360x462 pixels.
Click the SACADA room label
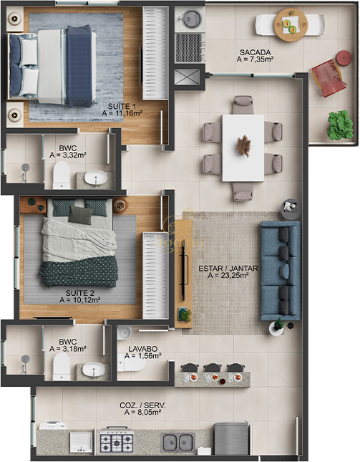click(255, 52)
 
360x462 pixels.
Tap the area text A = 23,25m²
click(228, 276)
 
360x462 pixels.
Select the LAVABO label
click(142, 349)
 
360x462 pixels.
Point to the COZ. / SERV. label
click(142, 405)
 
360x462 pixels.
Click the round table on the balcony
click(291, 25)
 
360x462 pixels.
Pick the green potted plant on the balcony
click(340, 125)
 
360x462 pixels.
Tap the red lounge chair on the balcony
click(328, 78)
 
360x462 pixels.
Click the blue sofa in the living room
click(281, 271)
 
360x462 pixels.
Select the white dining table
click(243, 148)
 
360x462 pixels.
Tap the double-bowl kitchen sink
click(177, 443)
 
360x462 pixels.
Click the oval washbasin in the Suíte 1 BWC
click(96, 178)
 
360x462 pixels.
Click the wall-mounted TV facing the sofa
click(183, 272)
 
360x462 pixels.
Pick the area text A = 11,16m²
click(122, 113)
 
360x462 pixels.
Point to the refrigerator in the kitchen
click(231, 439)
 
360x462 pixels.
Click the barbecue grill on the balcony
click(190, 48)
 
